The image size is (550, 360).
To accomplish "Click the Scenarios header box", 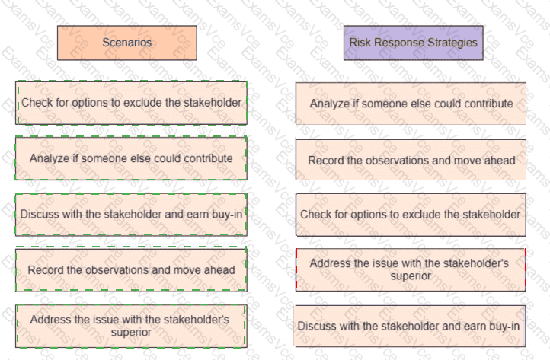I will [x=127, y=43].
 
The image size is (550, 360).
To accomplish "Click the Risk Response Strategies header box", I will [x=413, y=43].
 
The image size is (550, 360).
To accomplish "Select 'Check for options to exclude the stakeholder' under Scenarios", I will [x=131, y=103].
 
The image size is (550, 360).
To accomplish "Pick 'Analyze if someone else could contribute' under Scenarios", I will [x=131, y=158].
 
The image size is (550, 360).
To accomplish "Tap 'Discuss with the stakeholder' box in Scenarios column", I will [x=131, y=215].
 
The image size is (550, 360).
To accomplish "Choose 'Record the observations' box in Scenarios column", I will [x=131, y=269].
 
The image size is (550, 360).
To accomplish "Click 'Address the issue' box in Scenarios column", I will [x=131, y=326].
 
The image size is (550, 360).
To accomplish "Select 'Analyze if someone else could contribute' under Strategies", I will [x=411, y=104].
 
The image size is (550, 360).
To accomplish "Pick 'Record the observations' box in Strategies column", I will [x=411, y=160].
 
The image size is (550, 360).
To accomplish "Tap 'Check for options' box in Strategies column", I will [x=410, y=215].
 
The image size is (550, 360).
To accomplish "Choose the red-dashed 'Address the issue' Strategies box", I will [x=410, y=269].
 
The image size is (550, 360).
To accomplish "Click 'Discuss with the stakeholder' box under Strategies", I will [x=409, y=326].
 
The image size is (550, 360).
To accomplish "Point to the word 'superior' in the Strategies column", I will [x=410, y=276].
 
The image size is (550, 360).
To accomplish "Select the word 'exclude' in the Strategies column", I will [x=414, y=215].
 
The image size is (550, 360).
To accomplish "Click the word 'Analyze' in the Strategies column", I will [x=329, y=104].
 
